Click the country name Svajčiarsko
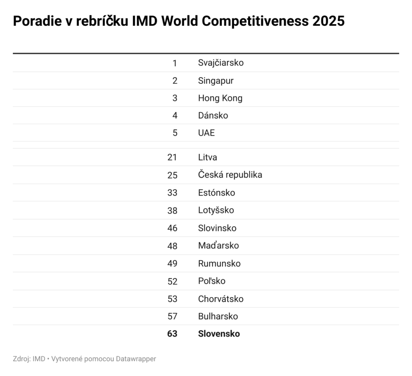220,63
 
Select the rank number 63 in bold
172,334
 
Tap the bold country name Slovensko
219,334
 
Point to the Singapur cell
216,81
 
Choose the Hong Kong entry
220,98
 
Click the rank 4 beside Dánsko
175,116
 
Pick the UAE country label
206,133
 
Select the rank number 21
172,157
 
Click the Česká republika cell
230,175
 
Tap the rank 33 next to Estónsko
172,192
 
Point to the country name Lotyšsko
216,210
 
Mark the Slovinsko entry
217,228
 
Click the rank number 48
172,245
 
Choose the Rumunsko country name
219,263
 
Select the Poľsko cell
212,281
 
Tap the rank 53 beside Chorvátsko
172,299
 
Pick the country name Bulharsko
218,316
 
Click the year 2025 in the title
328,21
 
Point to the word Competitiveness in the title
255,21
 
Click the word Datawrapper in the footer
136,359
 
